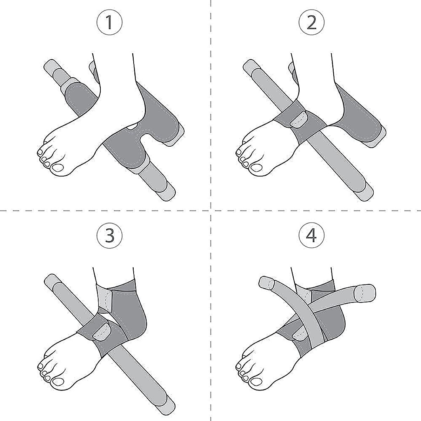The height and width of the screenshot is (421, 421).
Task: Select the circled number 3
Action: [109, 235]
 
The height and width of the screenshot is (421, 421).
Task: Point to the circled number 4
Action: [312, 235]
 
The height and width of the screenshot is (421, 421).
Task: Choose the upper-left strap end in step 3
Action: [51, 281]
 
